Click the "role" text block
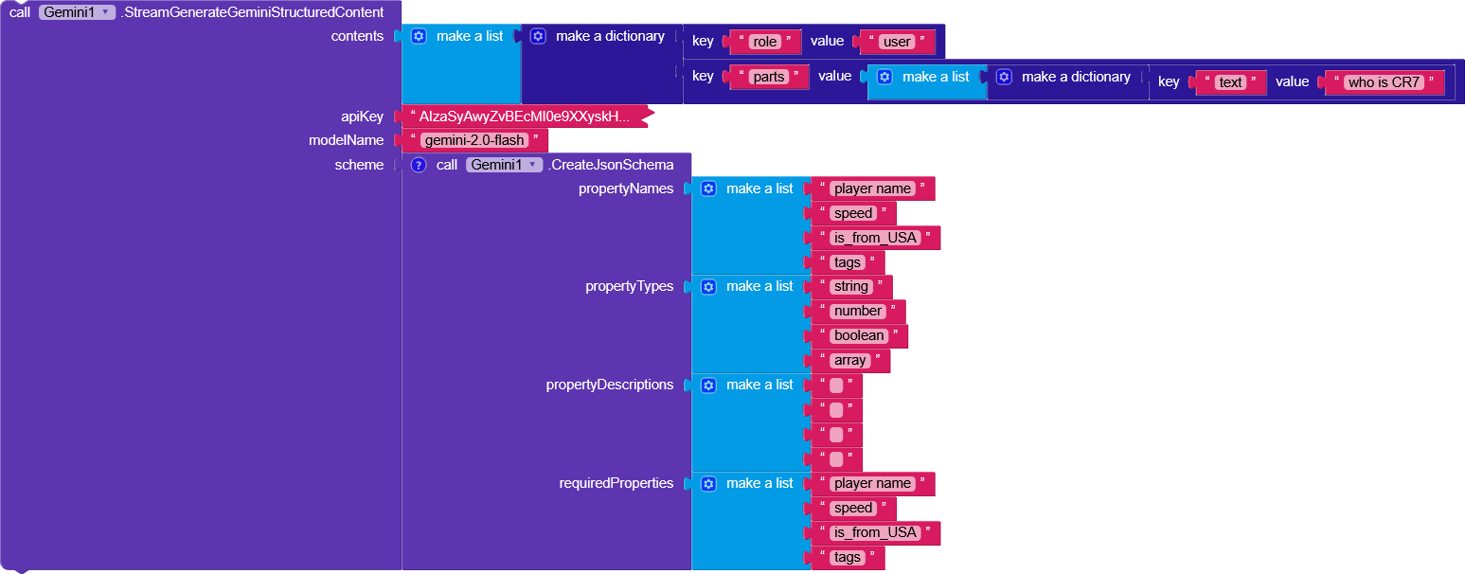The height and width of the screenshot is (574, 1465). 763,42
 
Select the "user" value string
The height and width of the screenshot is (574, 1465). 896,42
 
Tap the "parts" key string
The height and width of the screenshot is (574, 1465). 769,77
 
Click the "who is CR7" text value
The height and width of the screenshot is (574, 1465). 1384,82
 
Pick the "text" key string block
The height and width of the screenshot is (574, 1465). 1230,82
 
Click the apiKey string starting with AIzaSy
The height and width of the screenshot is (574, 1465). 524,117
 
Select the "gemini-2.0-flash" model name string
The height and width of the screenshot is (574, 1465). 474,140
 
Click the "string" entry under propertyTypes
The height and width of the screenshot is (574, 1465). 850,286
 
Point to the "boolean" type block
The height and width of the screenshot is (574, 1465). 858,335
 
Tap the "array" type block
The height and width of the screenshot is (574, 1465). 849,360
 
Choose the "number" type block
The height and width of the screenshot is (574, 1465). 857,311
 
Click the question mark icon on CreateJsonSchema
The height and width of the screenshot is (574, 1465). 419,165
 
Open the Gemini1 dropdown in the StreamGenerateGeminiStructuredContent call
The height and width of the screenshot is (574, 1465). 77,12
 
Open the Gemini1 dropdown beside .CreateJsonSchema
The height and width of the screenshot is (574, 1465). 504,165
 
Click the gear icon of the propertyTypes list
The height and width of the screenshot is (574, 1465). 708,286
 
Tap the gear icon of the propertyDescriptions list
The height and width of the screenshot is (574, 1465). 708,385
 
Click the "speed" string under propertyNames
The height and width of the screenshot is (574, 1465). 852,213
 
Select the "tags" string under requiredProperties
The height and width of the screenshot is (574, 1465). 847,557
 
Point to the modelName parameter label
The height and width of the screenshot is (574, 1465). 346,140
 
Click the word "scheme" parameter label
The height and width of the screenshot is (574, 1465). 359,165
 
